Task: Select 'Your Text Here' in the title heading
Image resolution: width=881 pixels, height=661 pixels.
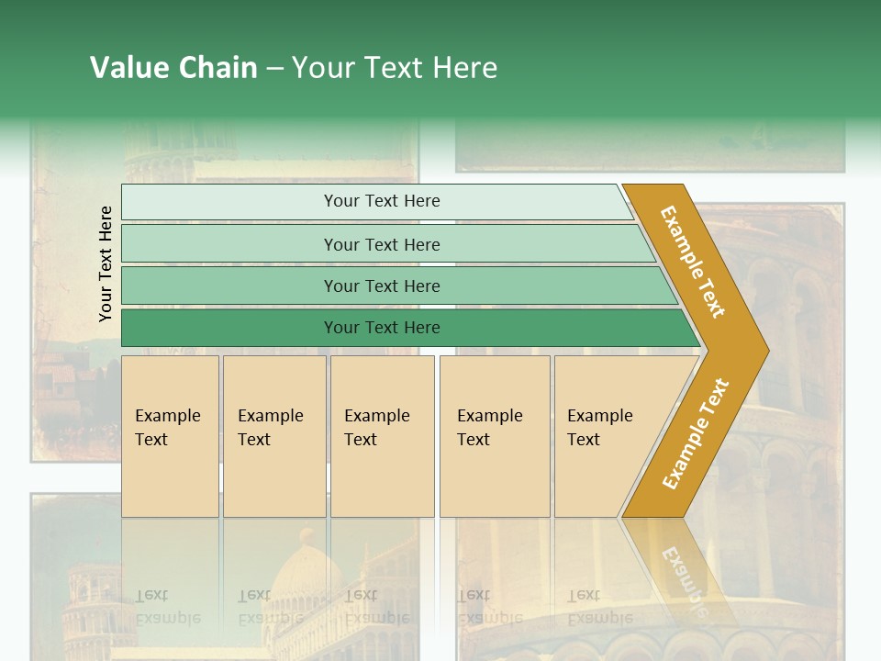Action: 395,68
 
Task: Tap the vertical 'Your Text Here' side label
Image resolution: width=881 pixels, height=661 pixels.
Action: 106,263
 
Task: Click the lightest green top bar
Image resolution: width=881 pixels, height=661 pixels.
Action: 381,201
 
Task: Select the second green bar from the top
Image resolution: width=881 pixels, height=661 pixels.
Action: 381,244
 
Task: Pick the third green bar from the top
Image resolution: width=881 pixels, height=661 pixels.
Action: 381,286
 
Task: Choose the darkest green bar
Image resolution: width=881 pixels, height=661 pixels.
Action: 381,328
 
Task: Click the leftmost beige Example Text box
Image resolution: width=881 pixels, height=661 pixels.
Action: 170,435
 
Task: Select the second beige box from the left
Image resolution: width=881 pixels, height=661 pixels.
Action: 273,435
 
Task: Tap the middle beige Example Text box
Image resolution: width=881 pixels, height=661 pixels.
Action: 382,435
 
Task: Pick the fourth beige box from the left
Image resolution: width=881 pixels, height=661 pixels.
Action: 495,435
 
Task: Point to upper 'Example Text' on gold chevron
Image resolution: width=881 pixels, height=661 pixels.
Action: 693,262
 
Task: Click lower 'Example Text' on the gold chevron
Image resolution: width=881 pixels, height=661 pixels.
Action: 695,433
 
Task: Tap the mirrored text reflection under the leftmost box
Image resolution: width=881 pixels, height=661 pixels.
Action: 166,606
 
